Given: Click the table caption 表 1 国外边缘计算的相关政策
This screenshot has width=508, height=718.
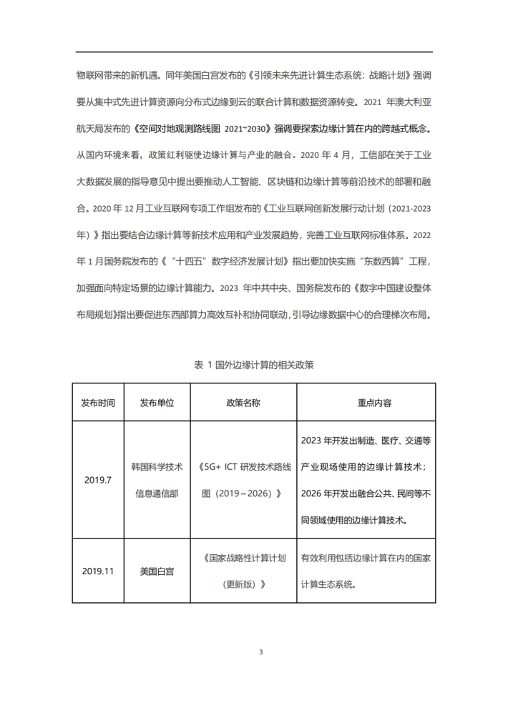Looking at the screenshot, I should pos(254,365).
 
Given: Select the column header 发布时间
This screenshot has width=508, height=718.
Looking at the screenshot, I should pos(98,403).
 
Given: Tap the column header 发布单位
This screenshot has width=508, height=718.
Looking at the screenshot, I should pos(157,403).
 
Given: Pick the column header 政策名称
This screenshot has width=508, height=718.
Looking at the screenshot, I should pos(243,403).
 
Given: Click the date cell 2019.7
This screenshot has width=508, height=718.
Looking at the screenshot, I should pos(98,480).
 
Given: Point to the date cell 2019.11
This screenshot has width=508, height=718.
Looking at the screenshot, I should pos(98,571).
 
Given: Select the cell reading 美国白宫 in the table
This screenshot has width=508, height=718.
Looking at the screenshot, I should pos(157,571).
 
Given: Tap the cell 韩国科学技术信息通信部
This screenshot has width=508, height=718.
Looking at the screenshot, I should pos(157,480).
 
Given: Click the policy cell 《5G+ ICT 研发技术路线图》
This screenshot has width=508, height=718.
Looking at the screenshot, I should pos(243,480).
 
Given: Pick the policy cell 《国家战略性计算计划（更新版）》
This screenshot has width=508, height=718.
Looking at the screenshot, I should pos(243,571).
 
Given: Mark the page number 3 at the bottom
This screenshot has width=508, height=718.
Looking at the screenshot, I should pos(260,652).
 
